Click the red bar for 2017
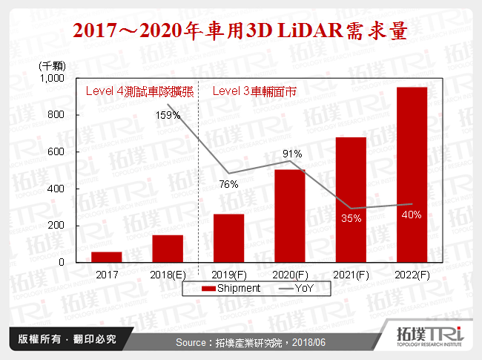pyautogui.click(x=107, y=257)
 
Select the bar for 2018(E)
pyautogui.click(x=168, y=249)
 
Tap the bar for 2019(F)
pyautogui.click(x=228, y=238)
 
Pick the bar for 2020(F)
pyautogui.click(x=290, y=216)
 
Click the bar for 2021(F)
pyautogui.click(x=351, y=200)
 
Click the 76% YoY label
pyautogui.click(x=228, y=184)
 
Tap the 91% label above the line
pyautogui.click(x=290, y=154)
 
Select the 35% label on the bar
pyautogui.click(x=351, y=218)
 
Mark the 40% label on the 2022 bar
pyautogui.click(x=412, y=215)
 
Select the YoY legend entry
pyautogui.click(x=290, y=288)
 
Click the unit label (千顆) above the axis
pyautogui.click(x=53, y=65)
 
